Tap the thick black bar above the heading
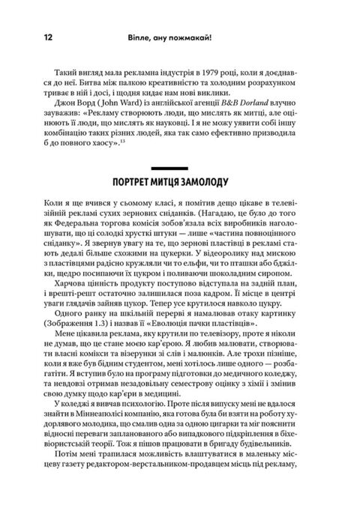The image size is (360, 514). click(x=180, y=171)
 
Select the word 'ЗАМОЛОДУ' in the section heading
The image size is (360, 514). click(x=220, y=184)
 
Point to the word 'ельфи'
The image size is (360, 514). click(x=247, y=273)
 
